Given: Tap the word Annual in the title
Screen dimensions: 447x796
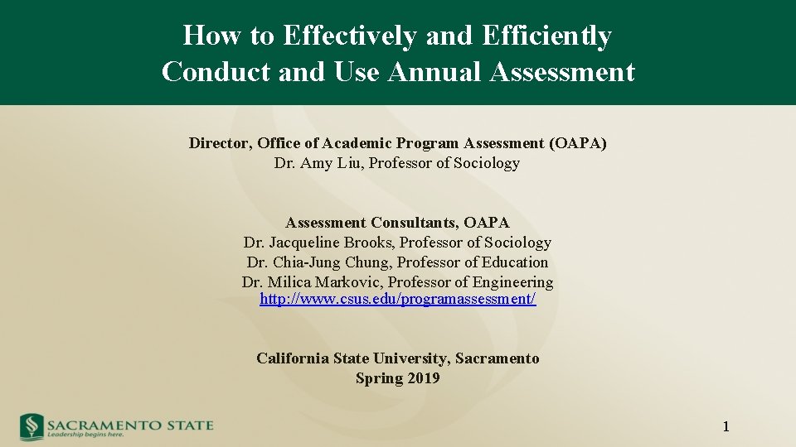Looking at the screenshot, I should (436, 72).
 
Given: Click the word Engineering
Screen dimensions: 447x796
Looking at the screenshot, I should (512, 282).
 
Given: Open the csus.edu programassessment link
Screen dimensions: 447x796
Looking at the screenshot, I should (397, 299).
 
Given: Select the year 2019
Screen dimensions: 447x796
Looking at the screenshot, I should (423, 378).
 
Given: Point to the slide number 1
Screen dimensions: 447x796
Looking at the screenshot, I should (726, 427).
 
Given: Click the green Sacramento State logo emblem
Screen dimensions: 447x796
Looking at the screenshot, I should (32, 426).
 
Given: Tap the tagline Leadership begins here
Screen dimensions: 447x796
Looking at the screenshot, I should (85, 435).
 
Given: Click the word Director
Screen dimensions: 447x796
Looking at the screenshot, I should (220, 143).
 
